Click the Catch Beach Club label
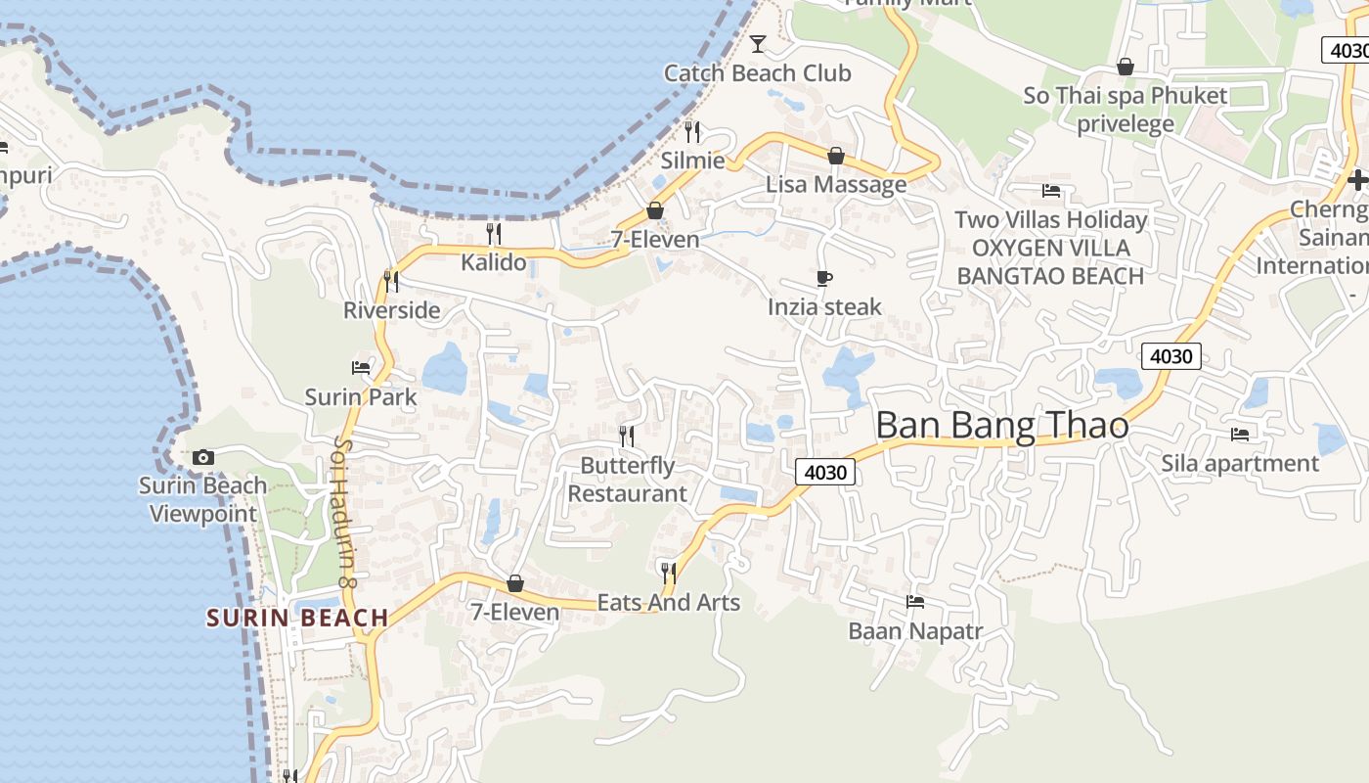[757, 73]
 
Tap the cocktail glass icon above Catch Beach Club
[757, 43]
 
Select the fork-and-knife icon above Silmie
[692, 131]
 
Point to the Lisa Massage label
[836, 184]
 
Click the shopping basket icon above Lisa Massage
[836, 156]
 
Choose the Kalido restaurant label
[494, 262]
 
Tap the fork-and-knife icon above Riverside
[391, 282]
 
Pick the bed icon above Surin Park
[361, 368]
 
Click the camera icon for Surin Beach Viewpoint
[203, 457]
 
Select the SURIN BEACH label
[297, 618]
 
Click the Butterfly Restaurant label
[628, 480]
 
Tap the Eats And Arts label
[669, 603]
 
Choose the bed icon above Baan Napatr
[915, 601]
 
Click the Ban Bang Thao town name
[1002, 426]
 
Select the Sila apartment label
[1240, 463]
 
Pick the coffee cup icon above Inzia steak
[824, 279]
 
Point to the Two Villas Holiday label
[1050, 219]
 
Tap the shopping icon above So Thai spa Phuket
[1126, 67]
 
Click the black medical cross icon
[1357, 180]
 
